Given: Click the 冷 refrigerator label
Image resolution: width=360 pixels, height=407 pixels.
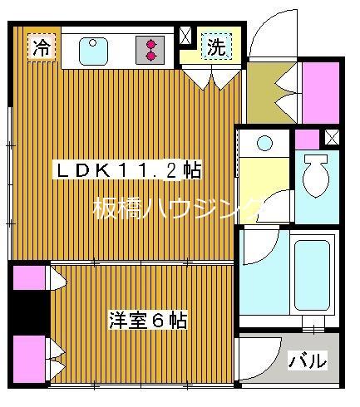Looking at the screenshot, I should pyautogui.click(x=40, y=48).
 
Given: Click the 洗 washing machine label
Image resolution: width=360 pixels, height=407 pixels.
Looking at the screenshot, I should pyautogui.click(x=215, y=47).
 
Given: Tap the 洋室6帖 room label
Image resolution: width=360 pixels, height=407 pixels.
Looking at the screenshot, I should pyautogui.click(x=147, y=320).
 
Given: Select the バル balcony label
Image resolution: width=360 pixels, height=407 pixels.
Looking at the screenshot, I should pyautogui.click(x=307, y=361).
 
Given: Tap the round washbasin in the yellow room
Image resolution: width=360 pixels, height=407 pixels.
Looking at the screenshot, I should pyautogui.click(x=265, y=143).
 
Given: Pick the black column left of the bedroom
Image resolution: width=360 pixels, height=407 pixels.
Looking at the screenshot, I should pyautogui.click(x=29, y=311).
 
